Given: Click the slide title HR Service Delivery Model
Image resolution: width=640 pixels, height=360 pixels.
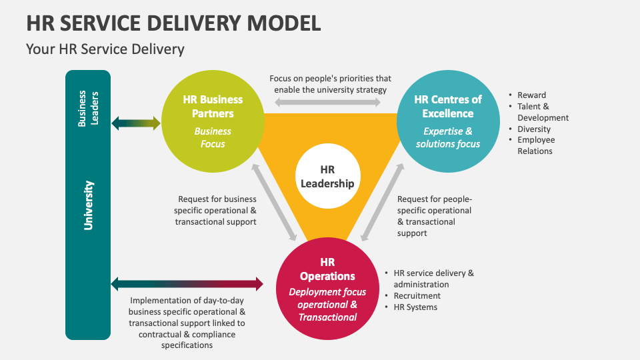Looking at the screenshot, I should tap(173, 22).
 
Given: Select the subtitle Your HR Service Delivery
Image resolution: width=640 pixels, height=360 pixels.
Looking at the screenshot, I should tap(105, 49).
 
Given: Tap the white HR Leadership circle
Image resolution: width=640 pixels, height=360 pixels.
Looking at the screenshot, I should tap(327, 176).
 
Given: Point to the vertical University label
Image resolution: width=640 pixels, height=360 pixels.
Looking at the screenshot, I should tap(88, 205).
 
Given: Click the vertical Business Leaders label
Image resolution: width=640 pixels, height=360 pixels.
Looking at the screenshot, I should tap(88, 108).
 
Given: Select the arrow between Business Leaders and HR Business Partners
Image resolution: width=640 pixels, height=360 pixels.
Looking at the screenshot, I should tap(136, 123).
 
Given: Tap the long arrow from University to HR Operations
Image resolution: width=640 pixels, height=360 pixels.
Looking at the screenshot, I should tap(187, 284).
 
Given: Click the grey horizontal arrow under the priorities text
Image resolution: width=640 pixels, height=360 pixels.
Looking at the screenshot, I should tap(327, 102).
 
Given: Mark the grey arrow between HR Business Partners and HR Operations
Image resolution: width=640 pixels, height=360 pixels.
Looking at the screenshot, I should tap(274, 201).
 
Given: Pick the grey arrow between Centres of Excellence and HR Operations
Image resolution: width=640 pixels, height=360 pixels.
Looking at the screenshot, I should tap(382, 201).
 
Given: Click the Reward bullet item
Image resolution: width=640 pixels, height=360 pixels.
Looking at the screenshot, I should tap(531, 95).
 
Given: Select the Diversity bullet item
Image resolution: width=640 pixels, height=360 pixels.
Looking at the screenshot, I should tap(534, 129).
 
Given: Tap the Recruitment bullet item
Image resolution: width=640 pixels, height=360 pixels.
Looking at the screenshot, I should tap(417, 295).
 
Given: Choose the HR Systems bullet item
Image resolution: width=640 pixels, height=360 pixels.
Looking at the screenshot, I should tap(415, 307).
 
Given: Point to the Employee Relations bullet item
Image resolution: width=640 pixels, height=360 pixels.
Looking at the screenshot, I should tap(535, 145).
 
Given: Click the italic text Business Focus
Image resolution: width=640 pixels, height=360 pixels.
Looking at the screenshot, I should tap(213, 137).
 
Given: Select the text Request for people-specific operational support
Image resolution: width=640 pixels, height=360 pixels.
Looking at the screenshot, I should tap(433, 216).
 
